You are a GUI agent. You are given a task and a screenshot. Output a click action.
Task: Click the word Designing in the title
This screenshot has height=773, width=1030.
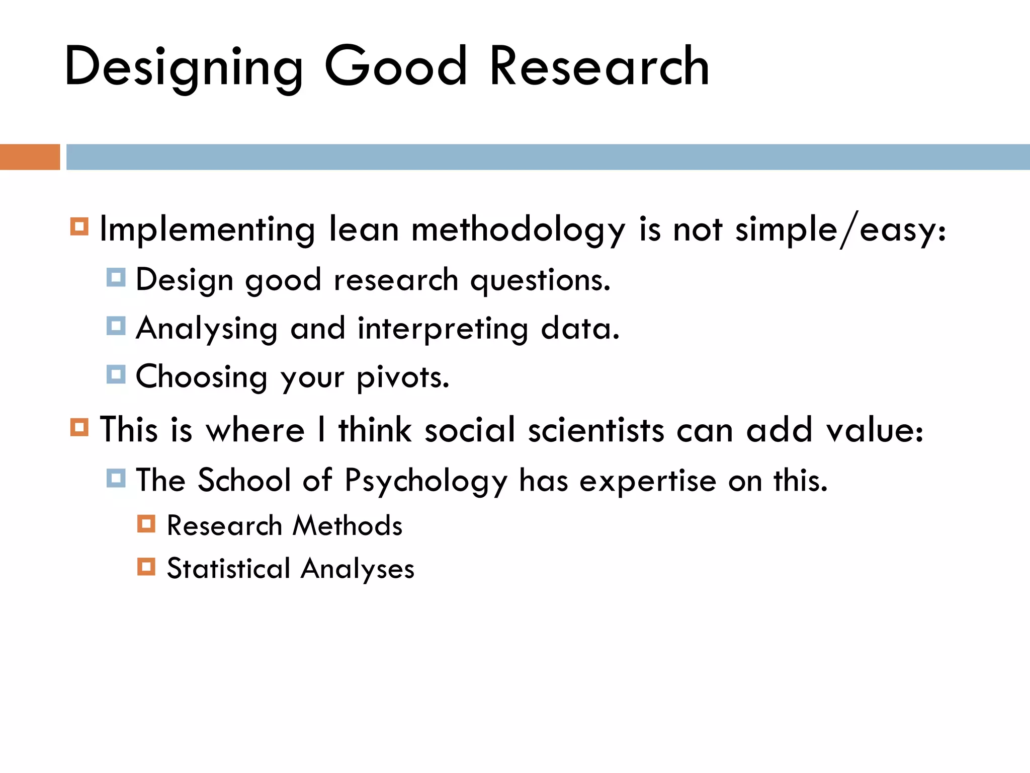point(184,67)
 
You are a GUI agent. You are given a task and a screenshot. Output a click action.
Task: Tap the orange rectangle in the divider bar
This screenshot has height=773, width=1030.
point(30,157)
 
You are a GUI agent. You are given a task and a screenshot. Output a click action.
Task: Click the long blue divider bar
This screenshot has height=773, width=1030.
point(548,157)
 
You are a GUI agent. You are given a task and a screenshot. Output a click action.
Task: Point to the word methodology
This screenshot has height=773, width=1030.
point(518,230)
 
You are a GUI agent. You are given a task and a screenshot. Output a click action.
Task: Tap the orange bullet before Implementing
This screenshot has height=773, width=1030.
point(79,226)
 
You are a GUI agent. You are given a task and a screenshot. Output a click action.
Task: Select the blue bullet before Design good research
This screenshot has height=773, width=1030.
point(116,277)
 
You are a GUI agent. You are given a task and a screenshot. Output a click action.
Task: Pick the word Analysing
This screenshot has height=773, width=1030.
point(207,329)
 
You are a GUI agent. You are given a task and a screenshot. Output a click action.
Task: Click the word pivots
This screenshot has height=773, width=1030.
point(402,377)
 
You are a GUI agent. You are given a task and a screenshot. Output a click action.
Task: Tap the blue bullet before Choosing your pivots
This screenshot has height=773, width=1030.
point(116,374)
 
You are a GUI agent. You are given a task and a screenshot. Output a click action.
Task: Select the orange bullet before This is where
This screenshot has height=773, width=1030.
point(79,427)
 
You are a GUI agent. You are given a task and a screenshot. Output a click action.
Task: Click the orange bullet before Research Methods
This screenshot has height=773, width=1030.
point(146,524)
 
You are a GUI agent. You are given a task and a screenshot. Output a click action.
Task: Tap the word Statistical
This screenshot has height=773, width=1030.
point(229,569)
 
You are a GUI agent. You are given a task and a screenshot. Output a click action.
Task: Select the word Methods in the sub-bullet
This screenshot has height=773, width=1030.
point(347,526)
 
